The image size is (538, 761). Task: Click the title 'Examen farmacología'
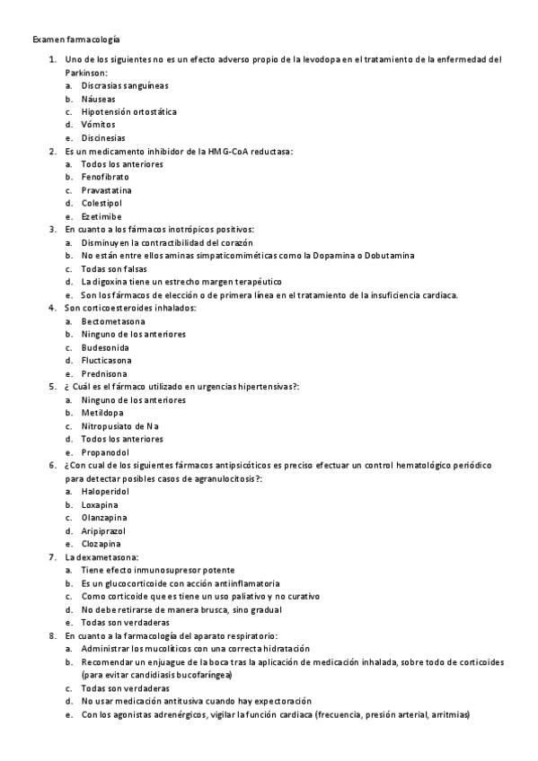click(x=76, y=40)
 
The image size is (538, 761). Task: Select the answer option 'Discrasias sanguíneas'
click(x=125, y=86)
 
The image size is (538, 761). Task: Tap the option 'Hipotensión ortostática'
click(x=128, y=112)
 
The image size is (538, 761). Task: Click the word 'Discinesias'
click(x=103, y=138)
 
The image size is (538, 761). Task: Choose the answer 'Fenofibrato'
click(x=105, y=178)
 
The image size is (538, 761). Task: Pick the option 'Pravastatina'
click(x=106, y=191)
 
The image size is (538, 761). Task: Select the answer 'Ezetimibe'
click(x=101, y=217)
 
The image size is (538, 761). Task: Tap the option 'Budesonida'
click(x=105, y=346)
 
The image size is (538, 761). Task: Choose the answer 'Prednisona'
click(x=104, y=373)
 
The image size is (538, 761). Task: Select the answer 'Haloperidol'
click(x=105, y=492)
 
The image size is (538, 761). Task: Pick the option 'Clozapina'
click(x=101, y=544)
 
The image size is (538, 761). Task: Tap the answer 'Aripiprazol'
click(x=103, y=531)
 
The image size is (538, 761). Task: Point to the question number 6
click(x=52, y=467)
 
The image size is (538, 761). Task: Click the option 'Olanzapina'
click(x=104, y=518)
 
